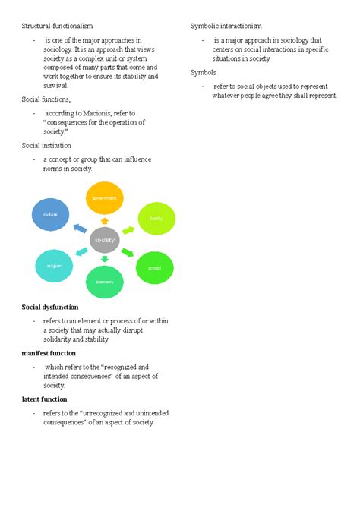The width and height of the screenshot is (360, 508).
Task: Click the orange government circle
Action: (105, 198)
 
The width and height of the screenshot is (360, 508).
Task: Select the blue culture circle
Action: (50, 215)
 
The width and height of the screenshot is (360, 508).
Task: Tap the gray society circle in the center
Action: (104, 240)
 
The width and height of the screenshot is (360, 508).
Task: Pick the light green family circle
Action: (156, 219)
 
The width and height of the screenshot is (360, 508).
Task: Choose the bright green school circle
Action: (154, 267)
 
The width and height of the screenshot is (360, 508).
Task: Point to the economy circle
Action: (105, 281)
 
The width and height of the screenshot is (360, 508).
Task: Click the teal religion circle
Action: (54, 266)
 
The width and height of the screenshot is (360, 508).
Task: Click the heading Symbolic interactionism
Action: (225, 27)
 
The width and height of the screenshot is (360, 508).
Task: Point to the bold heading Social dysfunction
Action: (49, 307)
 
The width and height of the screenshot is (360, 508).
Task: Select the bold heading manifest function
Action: (49, 353)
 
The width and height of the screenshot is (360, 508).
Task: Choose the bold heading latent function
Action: (44, 399)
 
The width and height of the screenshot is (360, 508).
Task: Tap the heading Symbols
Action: (203, 72)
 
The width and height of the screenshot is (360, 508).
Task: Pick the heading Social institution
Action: (46, 145)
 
